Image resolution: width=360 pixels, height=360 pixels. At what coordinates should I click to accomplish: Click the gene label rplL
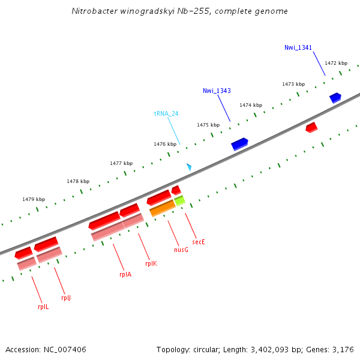point(43,307)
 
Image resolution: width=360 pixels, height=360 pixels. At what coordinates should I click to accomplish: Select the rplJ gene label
point(66,298)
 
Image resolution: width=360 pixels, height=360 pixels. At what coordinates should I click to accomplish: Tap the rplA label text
point(125,274)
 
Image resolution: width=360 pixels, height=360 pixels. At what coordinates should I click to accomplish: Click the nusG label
point(181,250)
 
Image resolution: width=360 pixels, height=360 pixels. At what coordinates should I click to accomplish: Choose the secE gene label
point(199,242)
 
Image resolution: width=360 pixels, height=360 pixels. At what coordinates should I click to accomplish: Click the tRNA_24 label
point(166,113)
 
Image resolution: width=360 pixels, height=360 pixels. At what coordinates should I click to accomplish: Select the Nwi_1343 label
point(217,91)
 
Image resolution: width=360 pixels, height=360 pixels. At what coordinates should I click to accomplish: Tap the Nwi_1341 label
point(298,47)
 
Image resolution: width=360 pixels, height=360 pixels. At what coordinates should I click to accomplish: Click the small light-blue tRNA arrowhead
point(189,167)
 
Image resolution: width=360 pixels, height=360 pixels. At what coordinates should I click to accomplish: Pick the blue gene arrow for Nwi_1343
point(239,143)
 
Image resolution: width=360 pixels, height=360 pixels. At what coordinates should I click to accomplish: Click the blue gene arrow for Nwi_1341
point(335,97)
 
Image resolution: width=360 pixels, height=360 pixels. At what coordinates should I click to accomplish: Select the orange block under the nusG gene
point(162,208)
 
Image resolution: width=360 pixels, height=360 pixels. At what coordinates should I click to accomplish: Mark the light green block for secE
point(179,200)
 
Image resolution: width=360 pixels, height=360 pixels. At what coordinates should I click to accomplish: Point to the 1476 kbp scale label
point(165,144)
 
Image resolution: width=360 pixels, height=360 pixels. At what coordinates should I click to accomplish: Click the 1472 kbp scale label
point(336,63)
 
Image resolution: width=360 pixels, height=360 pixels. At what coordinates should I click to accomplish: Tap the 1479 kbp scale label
point(34,199)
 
